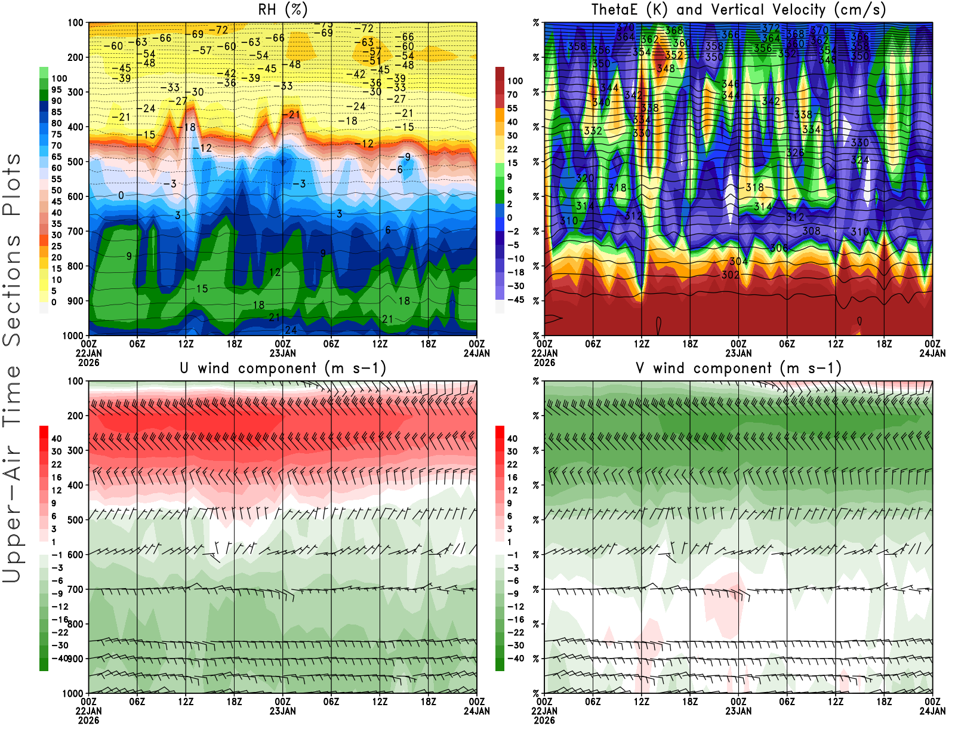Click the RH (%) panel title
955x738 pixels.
(282, 10)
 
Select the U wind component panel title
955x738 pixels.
(283, 368)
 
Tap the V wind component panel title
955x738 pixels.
(738, 368)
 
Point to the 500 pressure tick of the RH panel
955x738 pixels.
(75, 162)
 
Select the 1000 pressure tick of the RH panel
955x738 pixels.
(73, 336)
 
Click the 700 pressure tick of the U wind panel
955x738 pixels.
(75, 589)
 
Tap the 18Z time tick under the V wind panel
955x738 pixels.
(884, 702)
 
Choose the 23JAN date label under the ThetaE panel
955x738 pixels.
(738, 353)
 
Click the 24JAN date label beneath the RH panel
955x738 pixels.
(476, 353)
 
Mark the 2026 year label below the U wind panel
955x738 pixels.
(88, 720)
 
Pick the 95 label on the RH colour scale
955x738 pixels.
(57, 90)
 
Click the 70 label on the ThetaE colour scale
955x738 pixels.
(512, 94)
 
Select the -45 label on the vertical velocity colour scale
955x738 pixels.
(515, 300)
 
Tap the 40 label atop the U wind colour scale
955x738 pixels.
(57, 438)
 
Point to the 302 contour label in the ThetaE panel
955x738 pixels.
(730, 275)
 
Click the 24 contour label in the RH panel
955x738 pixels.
(291, 330)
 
